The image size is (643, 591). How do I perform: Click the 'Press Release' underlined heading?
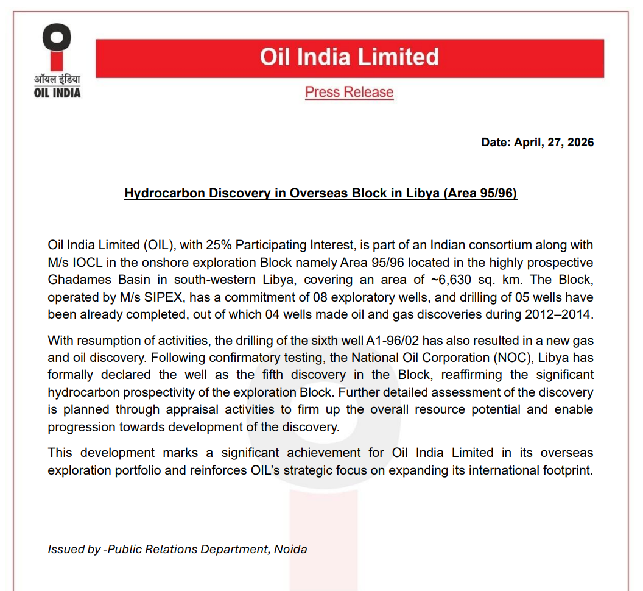[349, 93]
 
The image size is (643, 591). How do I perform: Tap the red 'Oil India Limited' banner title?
[349, 57]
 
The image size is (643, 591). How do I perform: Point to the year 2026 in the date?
[577, 143]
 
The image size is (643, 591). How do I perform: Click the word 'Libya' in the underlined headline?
[420, 193]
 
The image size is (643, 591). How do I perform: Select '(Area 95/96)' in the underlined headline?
[480, 193]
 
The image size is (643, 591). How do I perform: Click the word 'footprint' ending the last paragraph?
[564, 471]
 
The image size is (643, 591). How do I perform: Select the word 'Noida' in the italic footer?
[290, 550]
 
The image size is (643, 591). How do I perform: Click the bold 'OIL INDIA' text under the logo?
[57, 93]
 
